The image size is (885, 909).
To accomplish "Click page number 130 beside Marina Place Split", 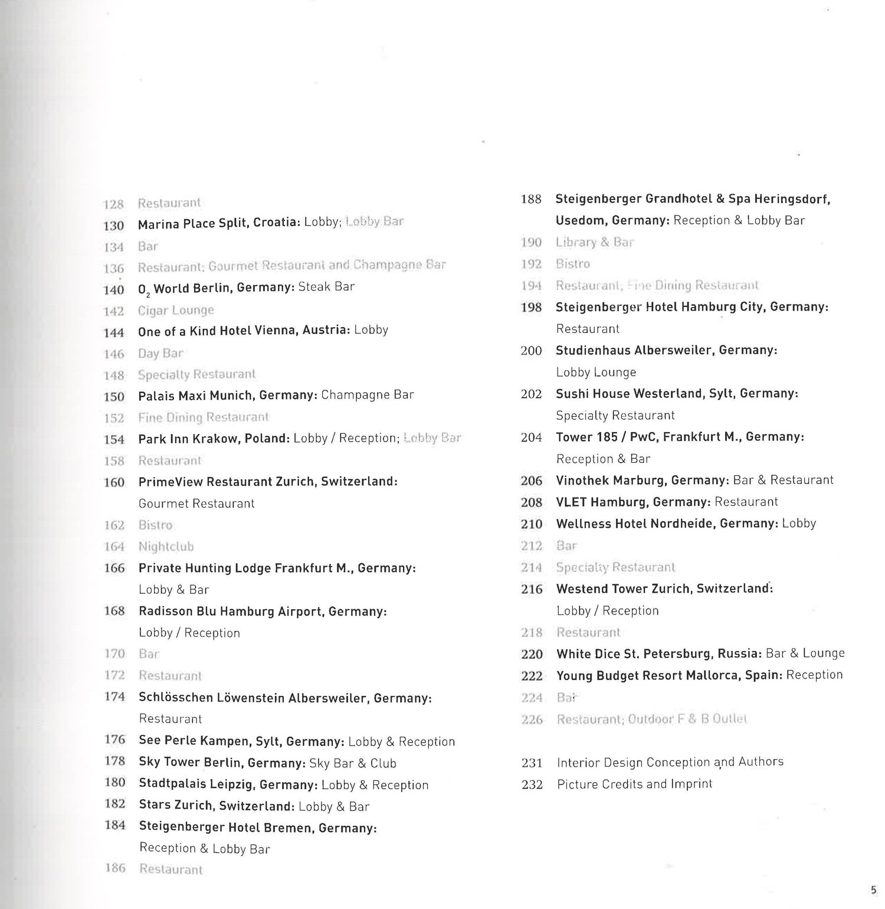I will (x=113, y=225).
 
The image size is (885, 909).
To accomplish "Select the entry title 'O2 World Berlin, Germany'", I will (x=216, y=287).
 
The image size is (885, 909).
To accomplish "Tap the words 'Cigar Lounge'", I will (x=176, y=310).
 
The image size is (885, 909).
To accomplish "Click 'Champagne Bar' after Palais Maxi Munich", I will (x=367, y=395).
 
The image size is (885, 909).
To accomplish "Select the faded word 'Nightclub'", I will (x=166, y=547).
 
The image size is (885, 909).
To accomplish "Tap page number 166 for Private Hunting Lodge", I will (x=114, y=568).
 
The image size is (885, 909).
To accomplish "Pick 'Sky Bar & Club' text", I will (x=353, y=763).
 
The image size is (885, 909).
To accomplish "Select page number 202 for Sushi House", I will (x=531, y=394).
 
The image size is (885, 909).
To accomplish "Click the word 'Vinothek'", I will (x=582, y=480).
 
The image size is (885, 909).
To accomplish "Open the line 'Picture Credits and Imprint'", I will (x=634, y=784).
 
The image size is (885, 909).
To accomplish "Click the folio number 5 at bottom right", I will (x=873, y=891).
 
